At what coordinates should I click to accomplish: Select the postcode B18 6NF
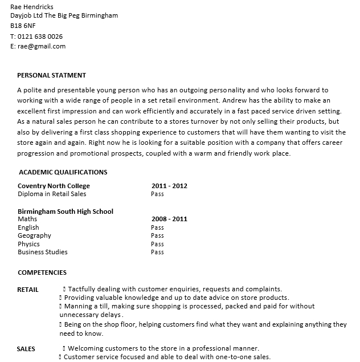coord(23,26)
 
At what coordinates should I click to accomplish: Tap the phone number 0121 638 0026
coord(40,36)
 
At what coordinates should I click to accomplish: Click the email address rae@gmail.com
coord(42,46)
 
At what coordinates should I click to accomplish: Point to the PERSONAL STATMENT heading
coord(52,75)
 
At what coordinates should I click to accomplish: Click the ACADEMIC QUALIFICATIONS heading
coord(63,172)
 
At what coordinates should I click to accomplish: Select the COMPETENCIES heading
coord(42,272)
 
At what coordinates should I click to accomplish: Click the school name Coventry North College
coord(54,186)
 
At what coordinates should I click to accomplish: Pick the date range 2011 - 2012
coord(169,186)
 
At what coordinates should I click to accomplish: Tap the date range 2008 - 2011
coord(169,219)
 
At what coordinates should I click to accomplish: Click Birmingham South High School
coord(66,211)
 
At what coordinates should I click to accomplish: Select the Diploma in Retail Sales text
coord(52,194)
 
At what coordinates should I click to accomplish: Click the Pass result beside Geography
coord(157,235)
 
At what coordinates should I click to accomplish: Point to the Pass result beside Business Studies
coord(157,252)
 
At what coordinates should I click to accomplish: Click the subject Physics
coord(28,244)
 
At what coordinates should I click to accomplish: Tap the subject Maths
coord(27,219)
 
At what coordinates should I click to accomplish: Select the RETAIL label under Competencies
coord(28,290)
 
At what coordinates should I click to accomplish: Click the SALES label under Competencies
coord(26,349)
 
